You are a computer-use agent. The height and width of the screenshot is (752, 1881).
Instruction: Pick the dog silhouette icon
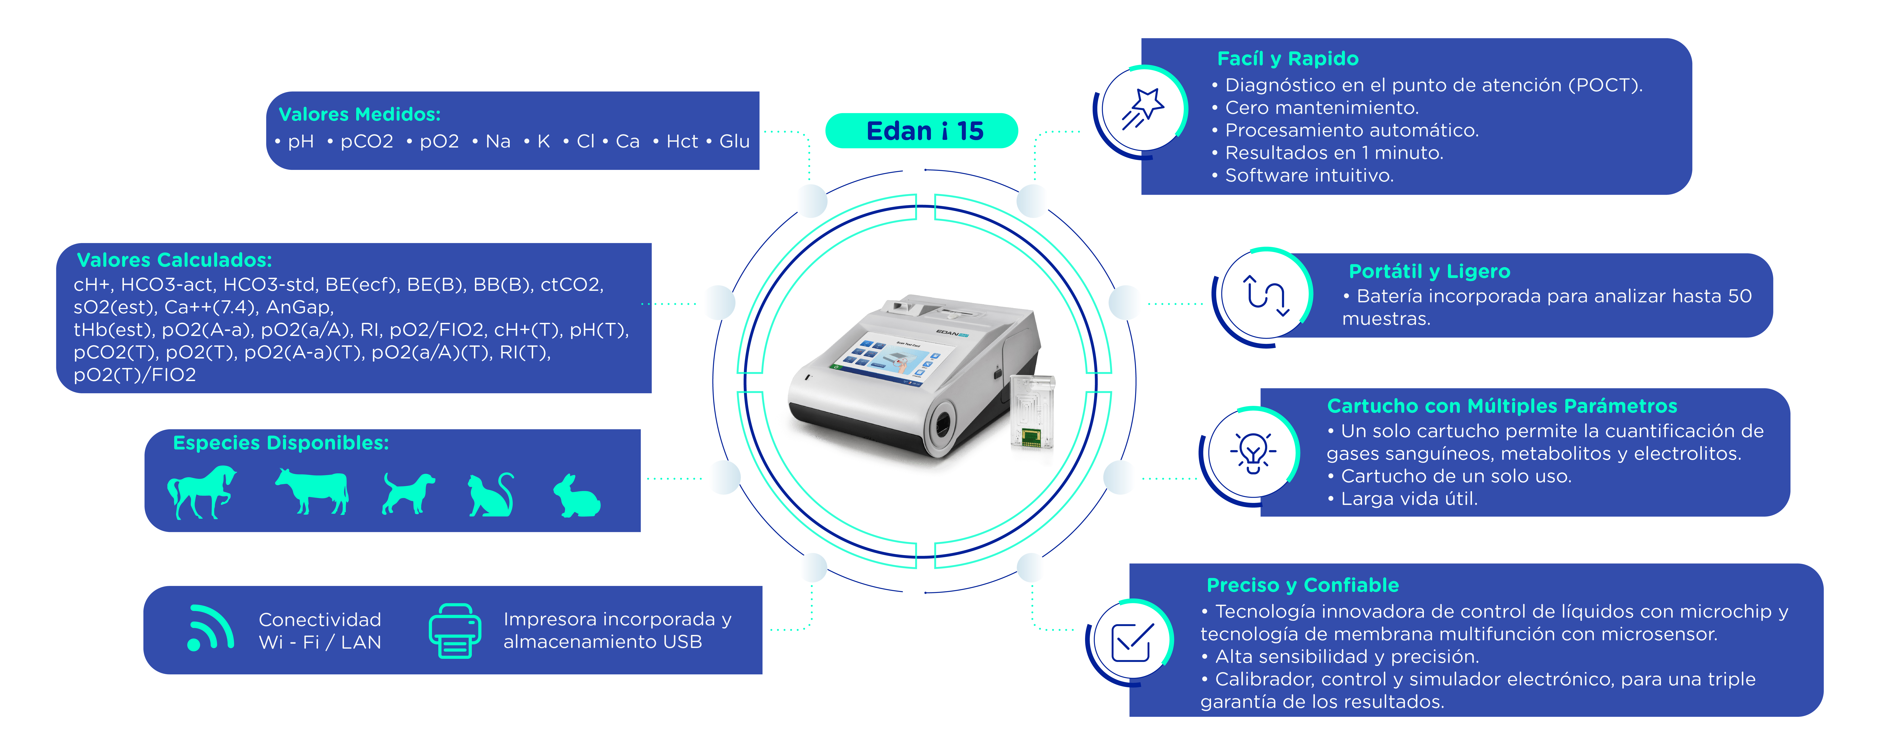tap(408, 493)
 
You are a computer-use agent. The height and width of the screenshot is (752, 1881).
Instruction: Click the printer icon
tap(454, 631)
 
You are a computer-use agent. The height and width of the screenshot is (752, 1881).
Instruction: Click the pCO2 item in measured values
tap(367, 142)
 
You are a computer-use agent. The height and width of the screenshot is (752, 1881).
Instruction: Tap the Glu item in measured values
tap(735, 142)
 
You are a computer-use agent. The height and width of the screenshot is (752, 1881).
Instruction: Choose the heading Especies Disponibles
tap(281, 443)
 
